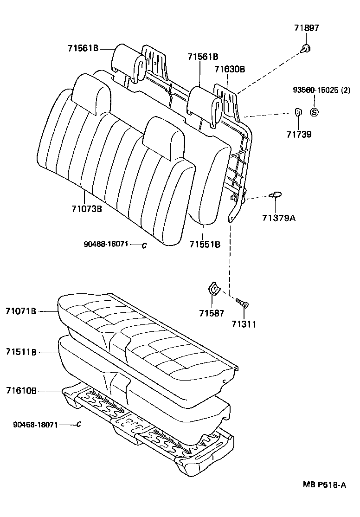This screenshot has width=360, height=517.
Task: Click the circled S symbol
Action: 314,112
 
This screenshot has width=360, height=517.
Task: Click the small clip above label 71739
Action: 298,112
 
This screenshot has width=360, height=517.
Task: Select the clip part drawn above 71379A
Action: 276,195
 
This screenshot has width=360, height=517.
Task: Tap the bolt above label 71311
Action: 242,303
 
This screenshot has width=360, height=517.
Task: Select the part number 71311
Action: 244,324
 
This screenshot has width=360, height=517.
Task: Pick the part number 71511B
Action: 21,352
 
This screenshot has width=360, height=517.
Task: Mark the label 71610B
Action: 21,391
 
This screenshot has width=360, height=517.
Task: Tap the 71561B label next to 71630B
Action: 203,57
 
